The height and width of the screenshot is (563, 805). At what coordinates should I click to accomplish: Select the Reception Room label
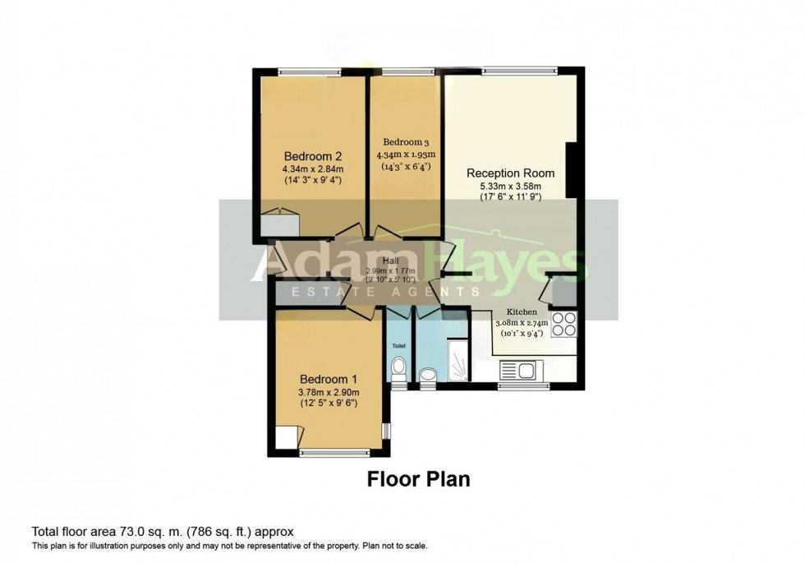[510, 173]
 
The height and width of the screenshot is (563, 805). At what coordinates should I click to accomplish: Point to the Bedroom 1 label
[328, 379]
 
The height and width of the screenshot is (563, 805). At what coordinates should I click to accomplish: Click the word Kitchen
[522, 312]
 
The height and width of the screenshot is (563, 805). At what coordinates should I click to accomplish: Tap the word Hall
[390, 261]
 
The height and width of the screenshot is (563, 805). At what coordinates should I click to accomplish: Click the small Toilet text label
[398, 347]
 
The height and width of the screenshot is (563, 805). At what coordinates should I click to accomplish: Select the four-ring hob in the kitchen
[564, 325]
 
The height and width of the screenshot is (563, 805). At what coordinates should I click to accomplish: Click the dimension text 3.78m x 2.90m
[329, 392]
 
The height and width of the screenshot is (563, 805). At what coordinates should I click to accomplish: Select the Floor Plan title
[418, 479]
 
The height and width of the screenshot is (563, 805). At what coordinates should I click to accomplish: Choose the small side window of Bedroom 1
[387, 431]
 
